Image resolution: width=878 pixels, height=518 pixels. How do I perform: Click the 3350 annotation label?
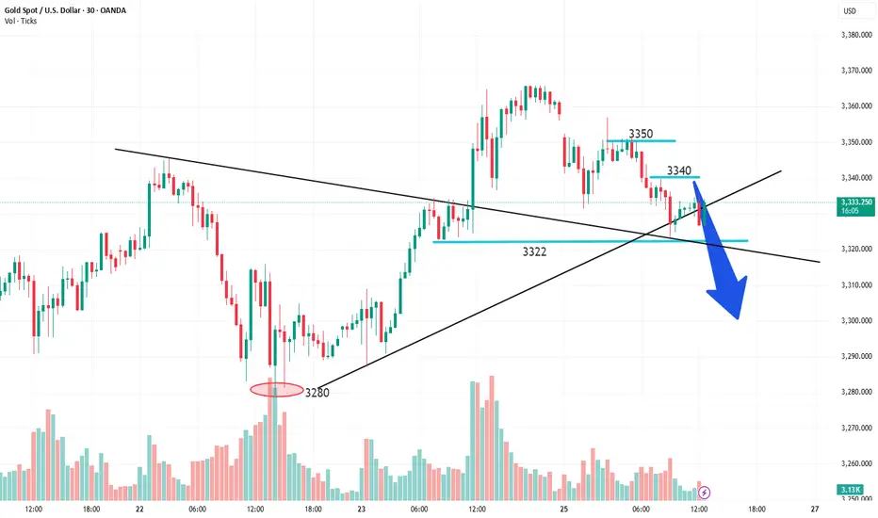[640, 134]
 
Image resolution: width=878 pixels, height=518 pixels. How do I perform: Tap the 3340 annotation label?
[678, 170]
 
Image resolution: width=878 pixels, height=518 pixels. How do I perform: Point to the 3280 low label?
[317, 392]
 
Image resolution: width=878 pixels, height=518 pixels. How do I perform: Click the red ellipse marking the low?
[276, 389]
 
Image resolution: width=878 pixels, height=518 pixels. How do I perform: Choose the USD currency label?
[848, 12]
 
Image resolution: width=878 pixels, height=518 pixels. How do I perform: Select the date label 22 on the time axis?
[139, 506]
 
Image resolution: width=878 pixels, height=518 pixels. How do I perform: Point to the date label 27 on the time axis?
[814, 506]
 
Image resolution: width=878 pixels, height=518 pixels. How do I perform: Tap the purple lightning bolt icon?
[705, 491]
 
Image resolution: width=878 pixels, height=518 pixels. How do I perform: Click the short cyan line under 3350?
[640, 141]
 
